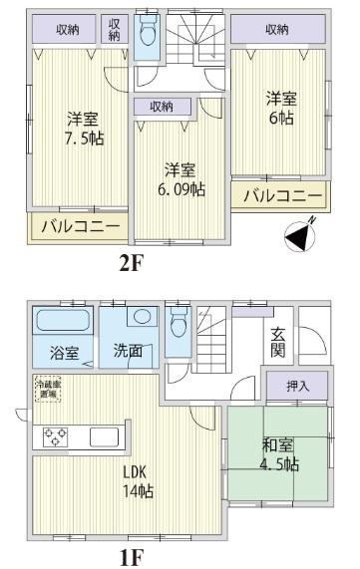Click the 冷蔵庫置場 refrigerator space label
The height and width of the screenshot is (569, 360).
(x=46, y=389)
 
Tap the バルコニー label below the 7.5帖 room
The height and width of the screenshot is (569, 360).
(x=80, y=227)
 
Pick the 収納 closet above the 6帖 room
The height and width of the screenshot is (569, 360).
(x=278, y=30)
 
